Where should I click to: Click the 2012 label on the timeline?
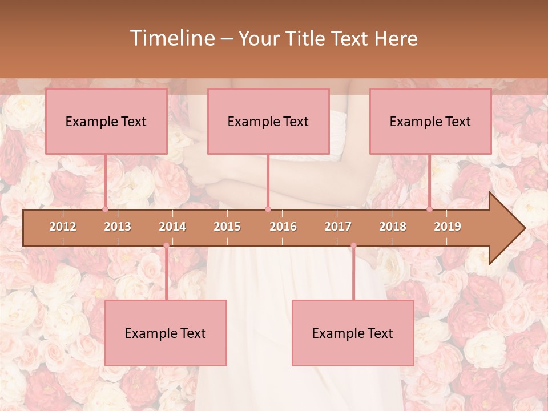pos(63,227)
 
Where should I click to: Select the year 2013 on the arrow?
pos(118,227)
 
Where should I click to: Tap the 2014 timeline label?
pos(172,227)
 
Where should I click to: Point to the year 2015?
pos(227,227)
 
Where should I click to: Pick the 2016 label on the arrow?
pos(283,227)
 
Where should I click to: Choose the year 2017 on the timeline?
pos(338,227)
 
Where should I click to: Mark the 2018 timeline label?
pos(393,227)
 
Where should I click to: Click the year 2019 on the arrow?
pos(448,227)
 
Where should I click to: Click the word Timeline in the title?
pos(172,38)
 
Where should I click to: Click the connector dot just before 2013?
pos(105,209)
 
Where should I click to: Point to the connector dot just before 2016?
pos(268,209)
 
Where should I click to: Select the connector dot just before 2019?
pos(429,209)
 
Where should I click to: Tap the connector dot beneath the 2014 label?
pos(166,245)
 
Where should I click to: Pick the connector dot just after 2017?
pos(353,245)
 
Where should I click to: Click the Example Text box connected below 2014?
pos(166,333)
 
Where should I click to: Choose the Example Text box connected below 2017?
pos(353,333)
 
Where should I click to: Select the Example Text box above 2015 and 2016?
pos(268,121)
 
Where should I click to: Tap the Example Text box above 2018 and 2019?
pos(430,121)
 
